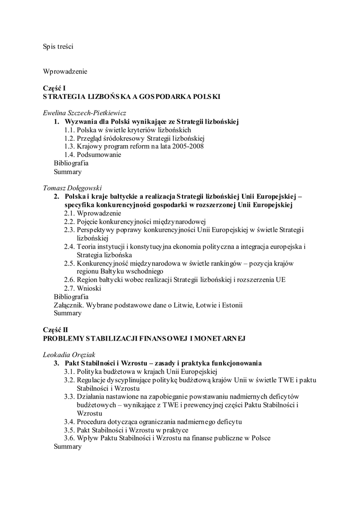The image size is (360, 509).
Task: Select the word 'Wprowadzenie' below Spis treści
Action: pyautogui.click(x=65, y=72)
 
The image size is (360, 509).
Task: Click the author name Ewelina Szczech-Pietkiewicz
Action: pyautogui.click(x=85, y=113)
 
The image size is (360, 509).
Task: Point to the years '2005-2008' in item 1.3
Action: pyautogui.click(x=187, y=146)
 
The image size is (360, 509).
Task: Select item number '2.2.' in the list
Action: pyautogui.click(x=70, y=221)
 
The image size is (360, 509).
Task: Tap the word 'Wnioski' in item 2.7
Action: pyautogui.click(x=90, y=288)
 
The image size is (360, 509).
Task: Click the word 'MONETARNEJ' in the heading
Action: pyautogui.click(x=220, y=339)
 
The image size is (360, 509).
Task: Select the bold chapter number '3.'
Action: pyautogui.click(x=57, y=363)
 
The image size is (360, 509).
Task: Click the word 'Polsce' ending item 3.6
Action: pyautogui.click(x=259, y=438)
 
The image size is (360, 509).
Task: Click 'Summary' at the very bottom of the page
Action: pyautogui.click(x=67, y=446)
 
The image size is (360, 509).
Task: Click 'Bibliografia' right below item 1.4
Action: pyautogui.click(x=71, y=163)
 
